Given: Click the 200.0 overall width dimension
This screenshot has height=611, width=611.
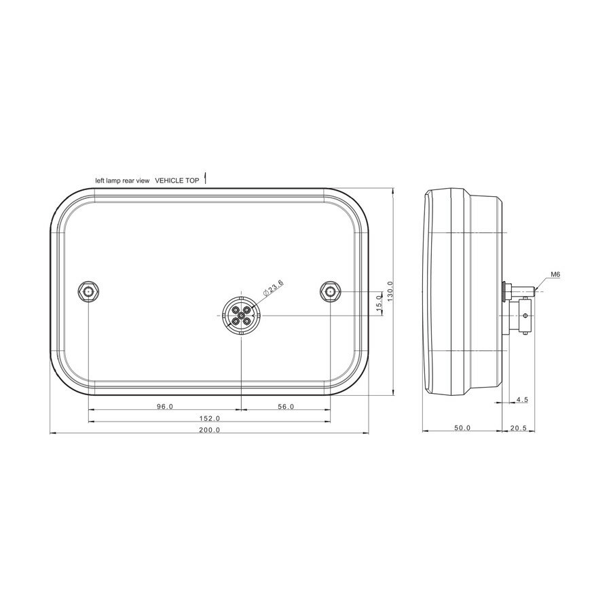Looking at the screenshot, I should coord(210,430).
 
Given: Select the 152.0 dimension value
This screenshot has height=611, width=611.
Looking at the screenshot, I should coord(210,418).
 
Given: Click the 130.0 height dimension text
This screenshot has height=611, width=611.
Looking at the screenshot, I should coord(389,292).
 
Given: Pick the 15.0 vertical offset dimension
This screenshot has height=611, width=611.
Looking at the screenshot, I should coord(379,303).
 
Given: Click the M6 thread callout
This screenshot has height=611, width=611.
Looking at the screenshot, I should coord(555,275).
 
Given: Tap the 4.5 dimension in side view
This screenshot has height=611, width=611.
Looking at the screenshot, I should coord(521,400).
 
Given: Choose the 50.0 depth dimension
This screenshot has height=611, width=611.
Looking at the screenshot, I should coord(462,428).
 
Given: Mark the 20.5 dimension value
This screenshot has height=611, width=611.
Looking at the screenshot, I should coord(518,428).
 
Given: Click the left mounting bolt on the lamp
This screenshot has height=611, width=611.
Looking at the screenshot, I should coord(89,291).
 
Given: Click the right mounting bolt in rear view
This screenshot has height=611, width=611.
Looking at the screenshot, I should coord(330,291).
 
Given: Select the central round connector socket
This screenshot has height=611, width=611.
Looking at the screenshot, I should coord(241,315).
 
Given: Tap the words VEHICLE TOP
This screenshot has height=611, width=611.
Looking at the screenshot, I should coord(177,181).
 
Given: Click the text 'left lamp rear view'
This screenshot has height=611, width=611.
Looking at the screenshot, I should coord(122,181).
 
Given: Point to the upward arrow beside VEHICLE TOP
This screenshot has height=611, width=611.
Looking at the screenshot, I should coord(205,178).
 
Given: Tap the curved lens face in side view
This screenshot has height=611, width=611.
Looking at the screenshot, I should coord(427,292).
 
